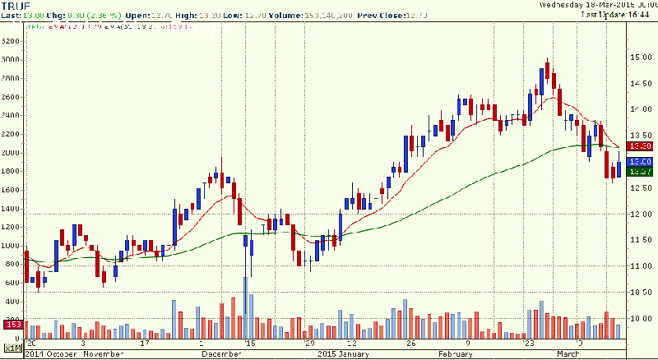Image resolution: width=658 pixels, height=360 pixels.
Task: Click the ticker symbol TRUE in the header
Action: pyautogui.click(x=16, y=7)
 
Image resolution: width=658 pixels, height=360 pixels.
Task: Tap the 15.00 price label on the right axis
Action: pyautogui.click(x=641, y=57)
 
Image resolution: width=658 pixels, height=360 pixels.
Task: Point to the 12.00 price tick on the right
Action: pyautogui.click(x=641, y=214)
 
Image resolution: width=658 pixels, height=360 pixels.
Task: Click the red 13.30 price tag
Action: pyautogui.click(x=640, y=145)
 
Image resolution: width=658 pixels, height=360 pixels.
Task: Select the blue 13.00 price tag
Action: pyautogui.click(x=640, y=162)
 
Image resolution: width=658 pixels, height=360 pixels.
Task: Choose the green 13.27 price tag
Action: pyautogui.click(x=640, y=172)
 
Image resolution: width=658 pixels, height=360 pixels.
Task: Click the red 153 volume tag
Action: pyautogui.click(x=12, y=325)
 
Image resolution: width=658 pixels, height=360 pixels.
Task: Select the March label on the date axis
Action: pyautogui.click(x=567, y=354)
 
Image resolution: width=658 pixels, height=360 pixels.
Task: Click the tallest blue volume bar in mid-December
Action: pyautogui.click(x=245, y=307)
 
